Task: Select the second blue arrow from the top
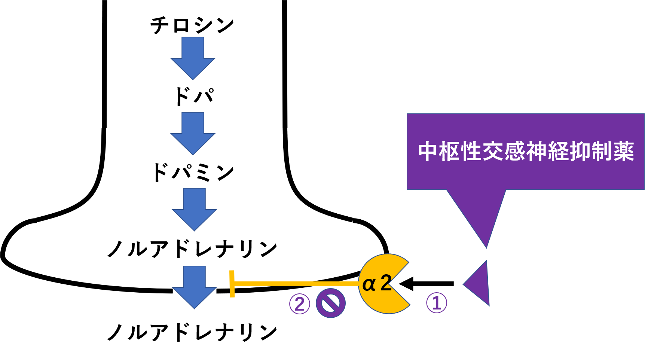point(193,132)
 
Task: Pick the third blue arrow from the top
point(194,208)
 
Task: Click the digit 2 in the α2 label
point(385,283)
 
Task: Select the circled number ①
point(437,303)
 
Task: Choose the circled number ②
point(300,303)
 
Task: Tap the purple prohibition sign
point(330,303)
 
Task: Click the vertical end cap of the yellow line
point(232,284)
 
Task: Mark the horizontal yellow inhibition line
point(296,284)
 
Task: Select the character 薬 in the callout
point(623,152)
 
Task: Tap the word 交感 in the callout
point(504,152)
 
